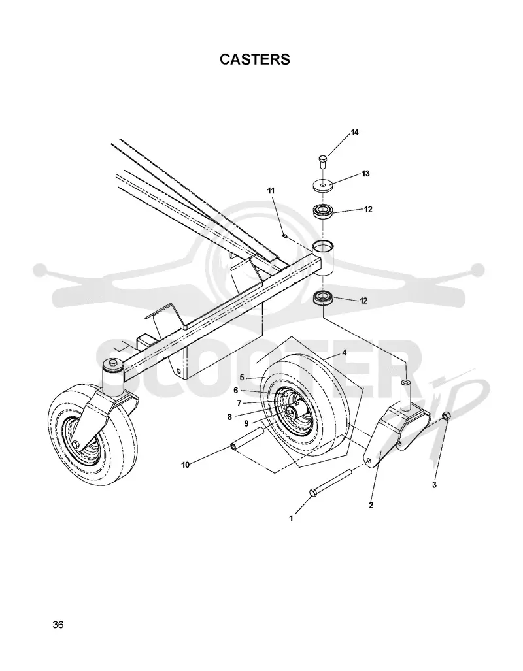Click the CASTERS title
tap(255, 59)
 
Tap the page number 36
tap(58, 625)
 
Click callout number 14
tap(355, 132)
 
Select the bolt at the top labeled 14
tap(322, 162)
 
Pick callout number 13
tap(365, 173)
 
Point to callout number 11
tap(271, 190)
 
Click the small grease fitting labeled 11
tap(284, 235)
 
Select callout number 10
tap(186, 465)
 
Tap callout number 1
tap(292, 518)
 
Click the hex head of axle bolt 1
tap(312, 493)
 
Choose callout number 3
tap(434, 485)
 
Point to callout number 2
tap(371, 505)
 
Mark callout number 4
tap(344, 353)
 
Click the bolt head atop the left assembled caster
tap(112, 363)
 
